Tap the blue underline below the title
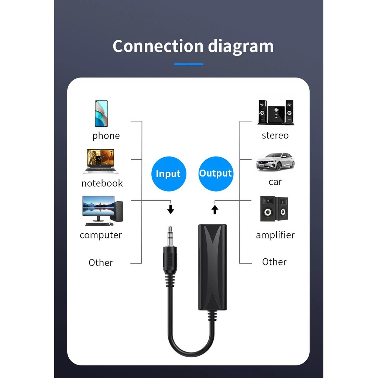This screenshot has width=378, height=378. pyautogui.click(x=189, y=64)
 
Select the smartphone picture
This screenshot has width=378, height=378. pyautogui.click(x=102, y=114)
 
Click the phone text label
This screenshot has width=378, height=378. pyautogui.click(x=106, y=136)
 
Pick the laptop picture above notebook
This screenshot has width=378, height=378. pyautogui.click(x=100, y=161)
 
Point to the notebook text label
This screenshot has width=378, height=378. pyautogui.click(x=102, y=183)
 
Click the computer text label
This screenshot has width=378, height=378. pyautogui.click(x=101, y=235)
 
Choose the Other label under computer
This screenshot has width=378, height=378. pyautogui.click(x=101, y=262)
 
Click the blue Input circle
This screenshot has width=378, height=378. pyautogui.click(x=169, y=174)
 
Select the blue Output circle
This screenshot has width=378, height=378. pyautogui.click(x=216, y=174)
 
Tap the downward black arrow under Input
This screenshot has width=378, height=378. pyautogui.click(x=171, y=209)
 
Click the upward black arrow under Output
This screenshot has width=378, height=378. pyautogui.click(x=215, y=210)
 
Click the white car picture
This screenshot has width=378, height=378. pyautogui.click(x=275, y=162)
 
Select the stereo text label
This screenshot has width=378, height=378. pyautogui.click(x=275, y=135)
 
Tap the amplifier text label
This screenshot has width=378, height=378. pyautogui.click(x=275, y=235)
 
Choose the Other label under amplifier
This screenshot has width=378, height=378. pyautogui.click(x=274, y=262)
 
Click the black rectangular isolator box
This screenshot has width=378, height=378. pyautogui.click(x=212, y=267)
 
